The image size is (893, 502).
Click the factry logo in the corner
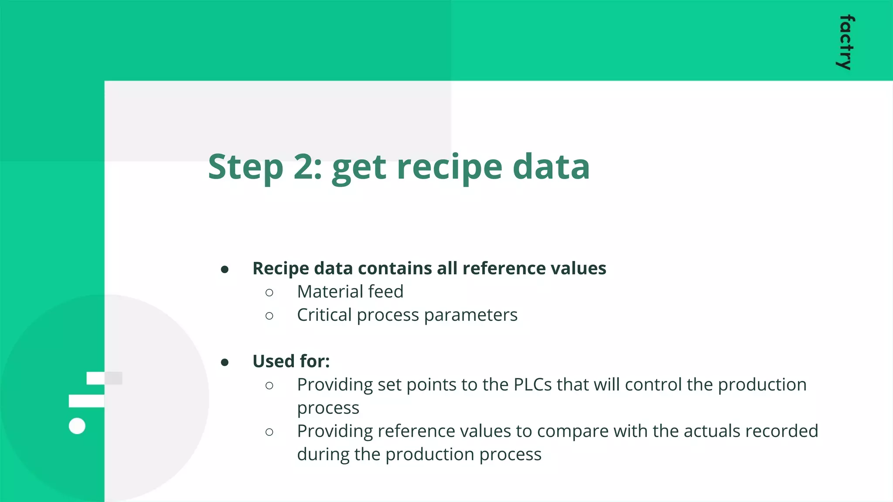(x=846, y=42)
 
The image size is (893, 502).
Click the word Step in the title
(x=245, y=168)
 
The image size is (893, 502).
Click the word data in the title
(x=551, y=167)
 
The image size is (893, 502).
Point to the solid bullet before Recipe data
(x=225, y=270)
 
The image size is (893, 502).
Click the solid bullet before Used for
(x=225, y=363)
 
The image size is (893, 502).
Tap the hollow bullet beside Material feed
(x=269, y=292)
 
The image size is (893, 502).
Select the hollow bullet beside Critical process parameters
(x=269, y=316)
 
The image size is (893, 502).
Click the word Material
(x=330, y=292)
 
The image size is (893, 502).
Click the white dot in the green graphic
(x=77, y=426)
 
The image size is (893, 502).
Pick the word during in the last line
(x=323, y=455)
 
